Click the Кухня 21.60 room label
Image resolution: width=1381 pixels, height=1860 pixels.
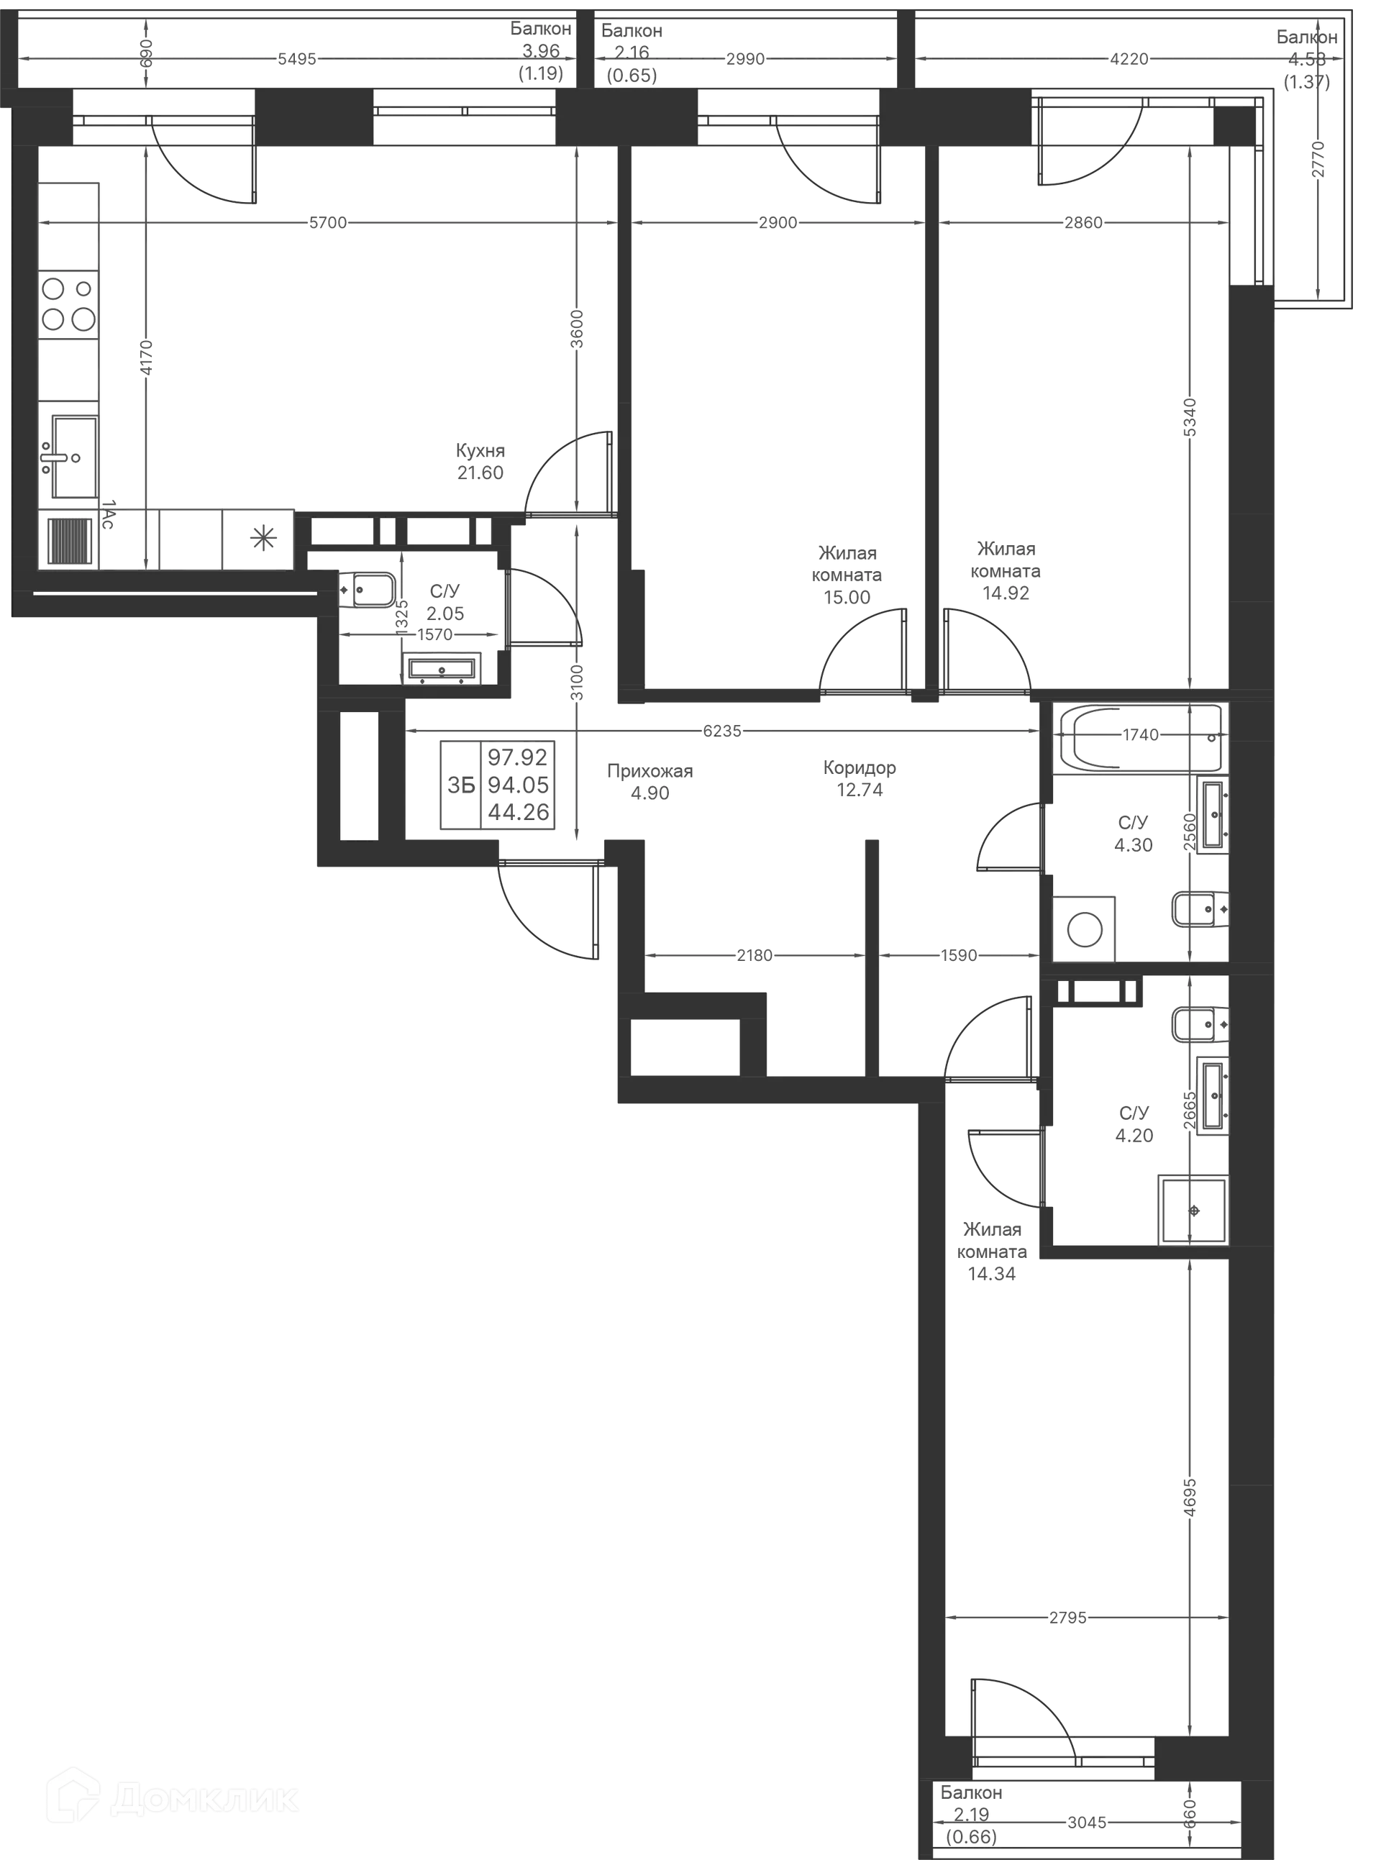[480, 462]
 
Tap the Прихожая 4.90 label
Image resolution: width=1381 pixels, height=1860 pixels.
[650, 782]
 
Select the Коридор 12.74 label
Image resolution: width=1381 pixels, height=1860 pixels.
[860, 778]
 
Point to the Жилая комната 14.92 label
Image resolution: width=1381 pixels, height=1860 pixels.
[1006, 572]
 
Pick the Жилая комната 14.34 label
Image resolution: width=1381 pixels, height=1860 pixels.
[993, 1252]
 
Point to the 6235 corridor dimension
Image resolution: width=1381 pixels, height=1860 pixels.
[722, 731]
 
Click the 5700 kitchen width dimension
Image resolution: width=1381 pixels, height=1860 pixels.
[328, 222]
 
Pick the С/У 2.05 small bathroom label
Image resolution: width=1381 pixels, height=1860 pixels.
[444, 602]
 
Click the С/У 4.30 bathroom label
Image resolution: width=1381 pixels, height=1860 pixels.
[1134, 834]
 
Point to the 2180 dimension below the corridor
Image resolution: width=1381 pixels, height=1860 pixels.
[754, 954]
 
